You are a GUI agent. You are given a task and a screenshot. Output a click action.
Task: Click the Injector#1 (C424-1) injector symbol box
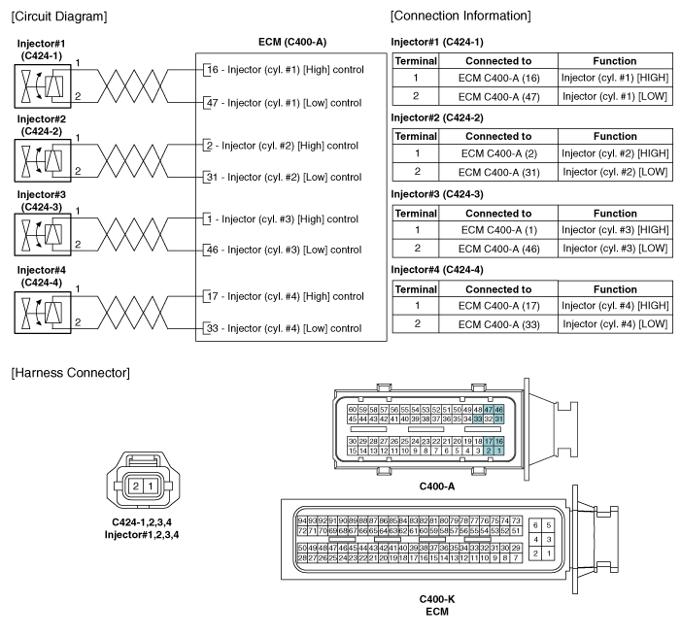43,86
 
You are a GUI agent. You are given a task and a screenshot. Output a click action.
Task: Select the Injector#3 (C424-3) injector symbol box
43,234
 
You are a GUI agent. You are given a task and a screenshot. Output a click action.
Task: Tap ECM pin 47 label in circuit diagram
213,103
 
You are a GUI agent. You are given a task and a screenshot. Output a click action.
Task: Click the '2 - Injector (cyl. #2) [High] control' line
283,146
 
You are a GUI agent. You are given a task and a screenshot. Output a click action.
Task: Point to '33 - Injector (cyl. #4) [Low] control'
284,328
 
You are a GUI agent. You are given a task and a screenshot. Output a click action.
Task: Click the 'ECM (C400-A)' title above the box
292,42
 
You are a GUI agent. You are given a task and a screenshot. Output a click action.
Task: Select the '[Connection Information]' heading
460,17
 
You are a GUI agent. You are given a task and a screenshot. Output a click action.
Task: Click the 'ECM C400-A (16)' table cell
498,78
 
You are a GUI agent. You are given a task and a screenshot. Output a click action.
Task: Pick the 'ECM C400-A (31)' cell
498,173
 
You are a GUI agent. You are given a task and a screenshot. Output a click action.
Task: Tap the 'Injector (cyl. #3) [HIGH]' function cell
615,230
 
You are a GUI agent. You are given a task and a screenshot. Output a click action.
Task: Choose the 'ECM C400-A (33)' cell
498,324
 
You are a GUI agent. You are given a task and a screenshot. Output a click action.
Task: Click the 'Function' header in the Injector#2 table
615,136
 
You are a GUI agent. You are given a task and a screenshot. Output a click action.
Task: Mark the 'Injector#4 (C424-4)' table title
437,270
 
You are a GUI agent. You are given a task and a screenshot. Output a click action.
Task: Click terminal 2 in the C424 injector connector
136,486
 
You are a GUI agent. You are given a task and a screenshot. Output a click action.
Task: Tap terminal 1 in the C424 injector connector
151,486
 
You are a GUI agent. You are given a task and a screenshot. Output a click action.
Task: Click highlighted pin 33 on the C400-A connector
478,419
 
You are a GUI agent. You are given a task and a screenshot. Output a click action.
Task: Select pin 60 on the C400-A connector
353,410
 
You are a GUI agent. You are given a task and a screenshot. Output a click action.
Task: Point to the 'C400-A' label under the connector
437,486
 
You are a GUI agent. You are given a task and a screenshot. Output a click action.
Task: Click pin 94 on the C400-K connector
302,520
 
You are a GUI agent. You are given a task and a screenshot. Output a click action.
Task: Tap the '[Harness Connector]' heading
70,373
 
